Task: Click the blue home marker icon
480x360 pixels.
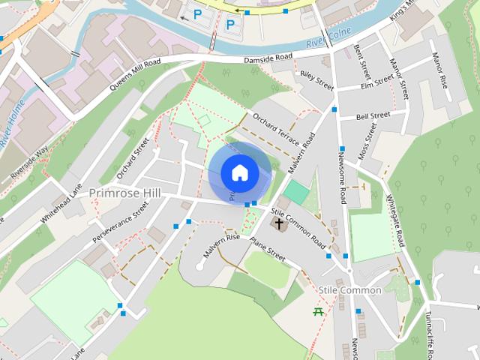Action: pyautogui.click(x=240, y=172)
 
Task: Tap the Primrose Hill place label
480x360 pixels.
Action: pyautogui.click(x=124, y=193)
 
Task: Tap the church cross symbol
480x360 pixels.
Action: pyautogui.click(x=279, y=223)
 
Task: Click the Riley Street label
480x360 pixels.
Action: pyautogui.click(x=316, y=77)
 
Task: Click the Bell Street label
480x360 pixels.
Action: pyautogui.click(x=373, y=116)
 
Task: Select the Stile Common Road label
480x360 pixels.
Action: pyautogui.click(x=298, y=229)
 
